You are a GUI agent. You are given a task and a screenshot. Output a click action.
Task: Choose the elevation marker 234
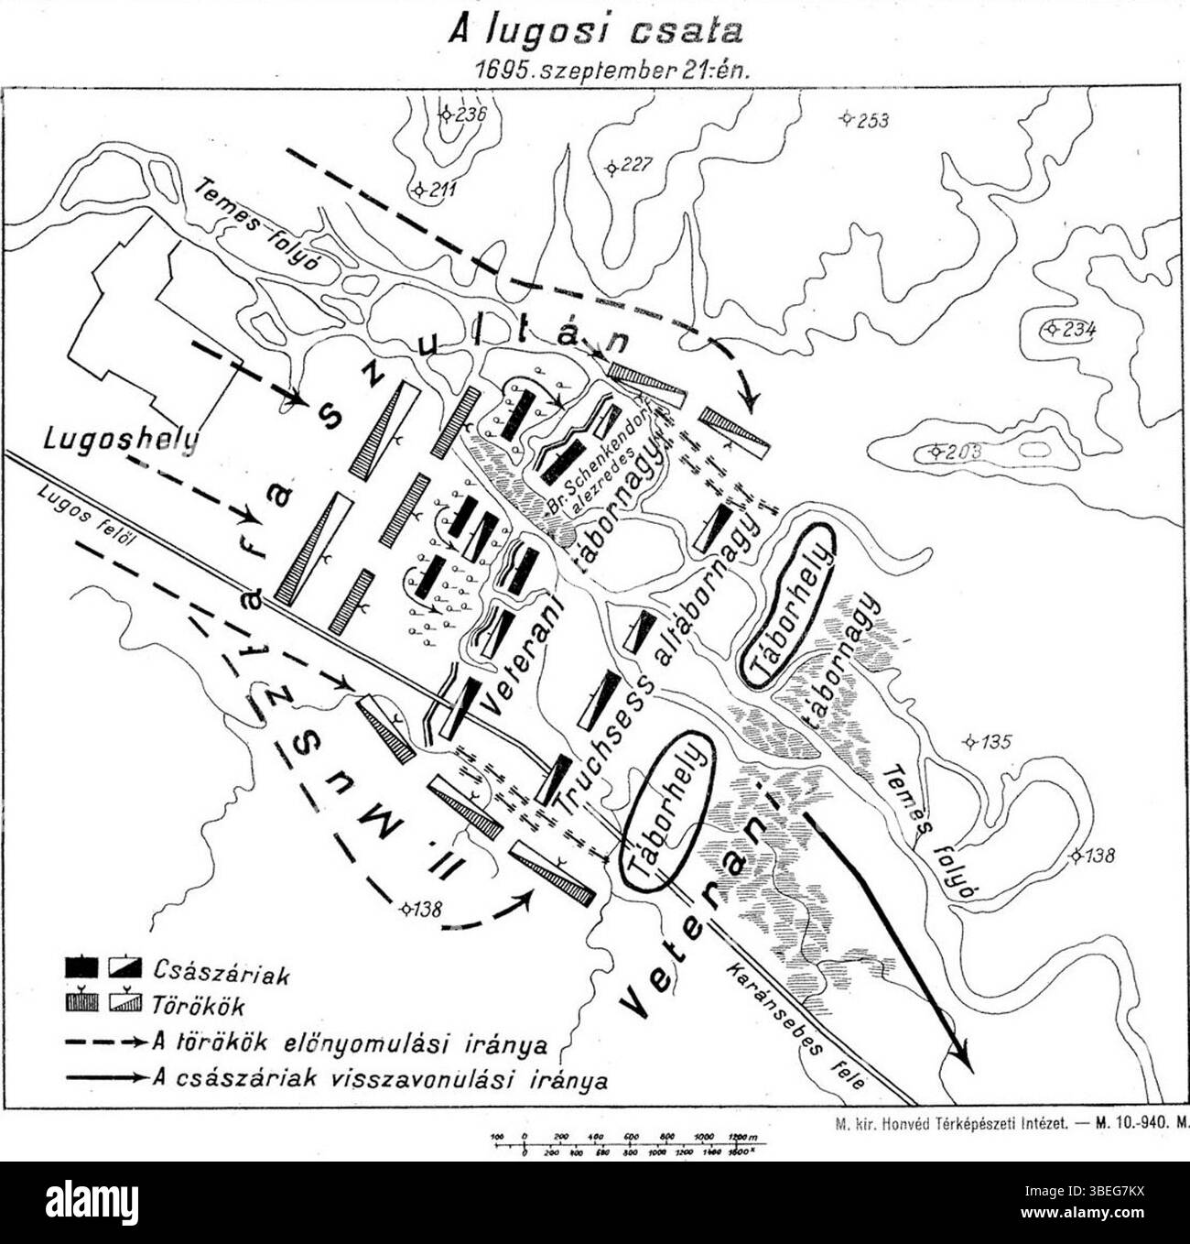(x=1069, y=329)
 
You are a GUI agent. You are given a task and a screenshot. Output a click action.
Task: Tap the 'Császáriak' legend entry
(x=221, y=972)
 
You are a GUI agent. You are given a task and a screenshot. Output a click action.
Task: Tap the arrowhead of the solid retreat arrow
(x=960, y=1058)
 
